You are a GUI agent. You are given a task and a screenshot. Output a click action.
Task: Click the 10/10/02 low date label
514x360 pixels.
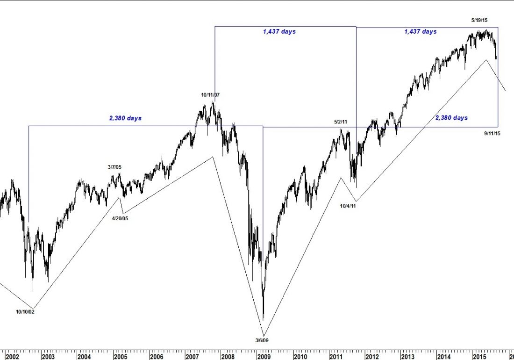[25, 311]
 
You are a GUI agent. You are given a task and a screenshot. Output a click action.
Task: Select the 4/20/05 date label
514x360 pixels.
[120, 218]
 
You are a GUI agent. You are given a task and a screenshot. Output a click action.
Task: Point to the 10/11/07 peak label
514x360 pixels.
[210, 95]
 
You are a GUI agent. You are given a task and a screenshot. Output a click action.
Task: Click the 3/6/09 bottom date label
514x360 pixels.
[262, 340]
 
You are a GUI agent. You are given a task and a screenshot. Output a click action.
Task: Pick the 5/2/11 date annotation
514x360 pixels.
[341, 122]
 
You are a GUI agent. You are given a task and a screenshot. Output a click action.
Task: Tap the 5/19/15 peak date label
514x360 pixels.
[479, 20]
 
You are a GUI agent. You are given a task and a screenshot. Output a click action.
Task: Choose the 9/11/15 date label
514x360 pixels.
[493, 133]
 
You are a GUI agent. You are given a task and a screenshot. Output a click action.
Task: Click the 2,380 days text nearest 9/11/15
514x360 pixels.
[451, 118]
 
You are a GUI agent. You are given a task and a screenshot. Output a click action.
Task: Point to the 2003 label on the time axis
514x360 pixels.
[48, 357]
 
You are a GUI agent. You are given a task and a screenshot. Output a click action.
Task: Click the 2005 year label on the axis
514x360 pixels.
[120, 357]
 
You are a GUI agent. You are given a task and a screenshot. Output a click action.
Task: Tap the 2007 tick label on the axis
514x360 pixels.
[192, 357]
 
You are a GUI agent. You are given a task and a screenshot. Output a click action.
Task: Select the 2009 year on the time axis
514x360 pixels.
[264, 357]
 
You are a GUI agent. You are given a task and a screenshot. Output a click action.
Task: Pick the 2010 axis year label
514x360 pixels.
[300, 357]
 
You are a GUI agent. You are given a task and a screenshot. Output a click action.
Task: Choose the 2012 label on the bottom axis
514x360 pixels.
[372, 357]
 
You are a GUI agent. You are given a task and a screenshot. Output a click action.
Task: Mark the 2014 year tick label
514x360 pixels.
[444, 357]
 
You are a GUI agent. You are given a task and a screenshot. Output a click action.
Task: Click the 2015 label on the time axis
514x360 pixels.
[480, 357]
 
